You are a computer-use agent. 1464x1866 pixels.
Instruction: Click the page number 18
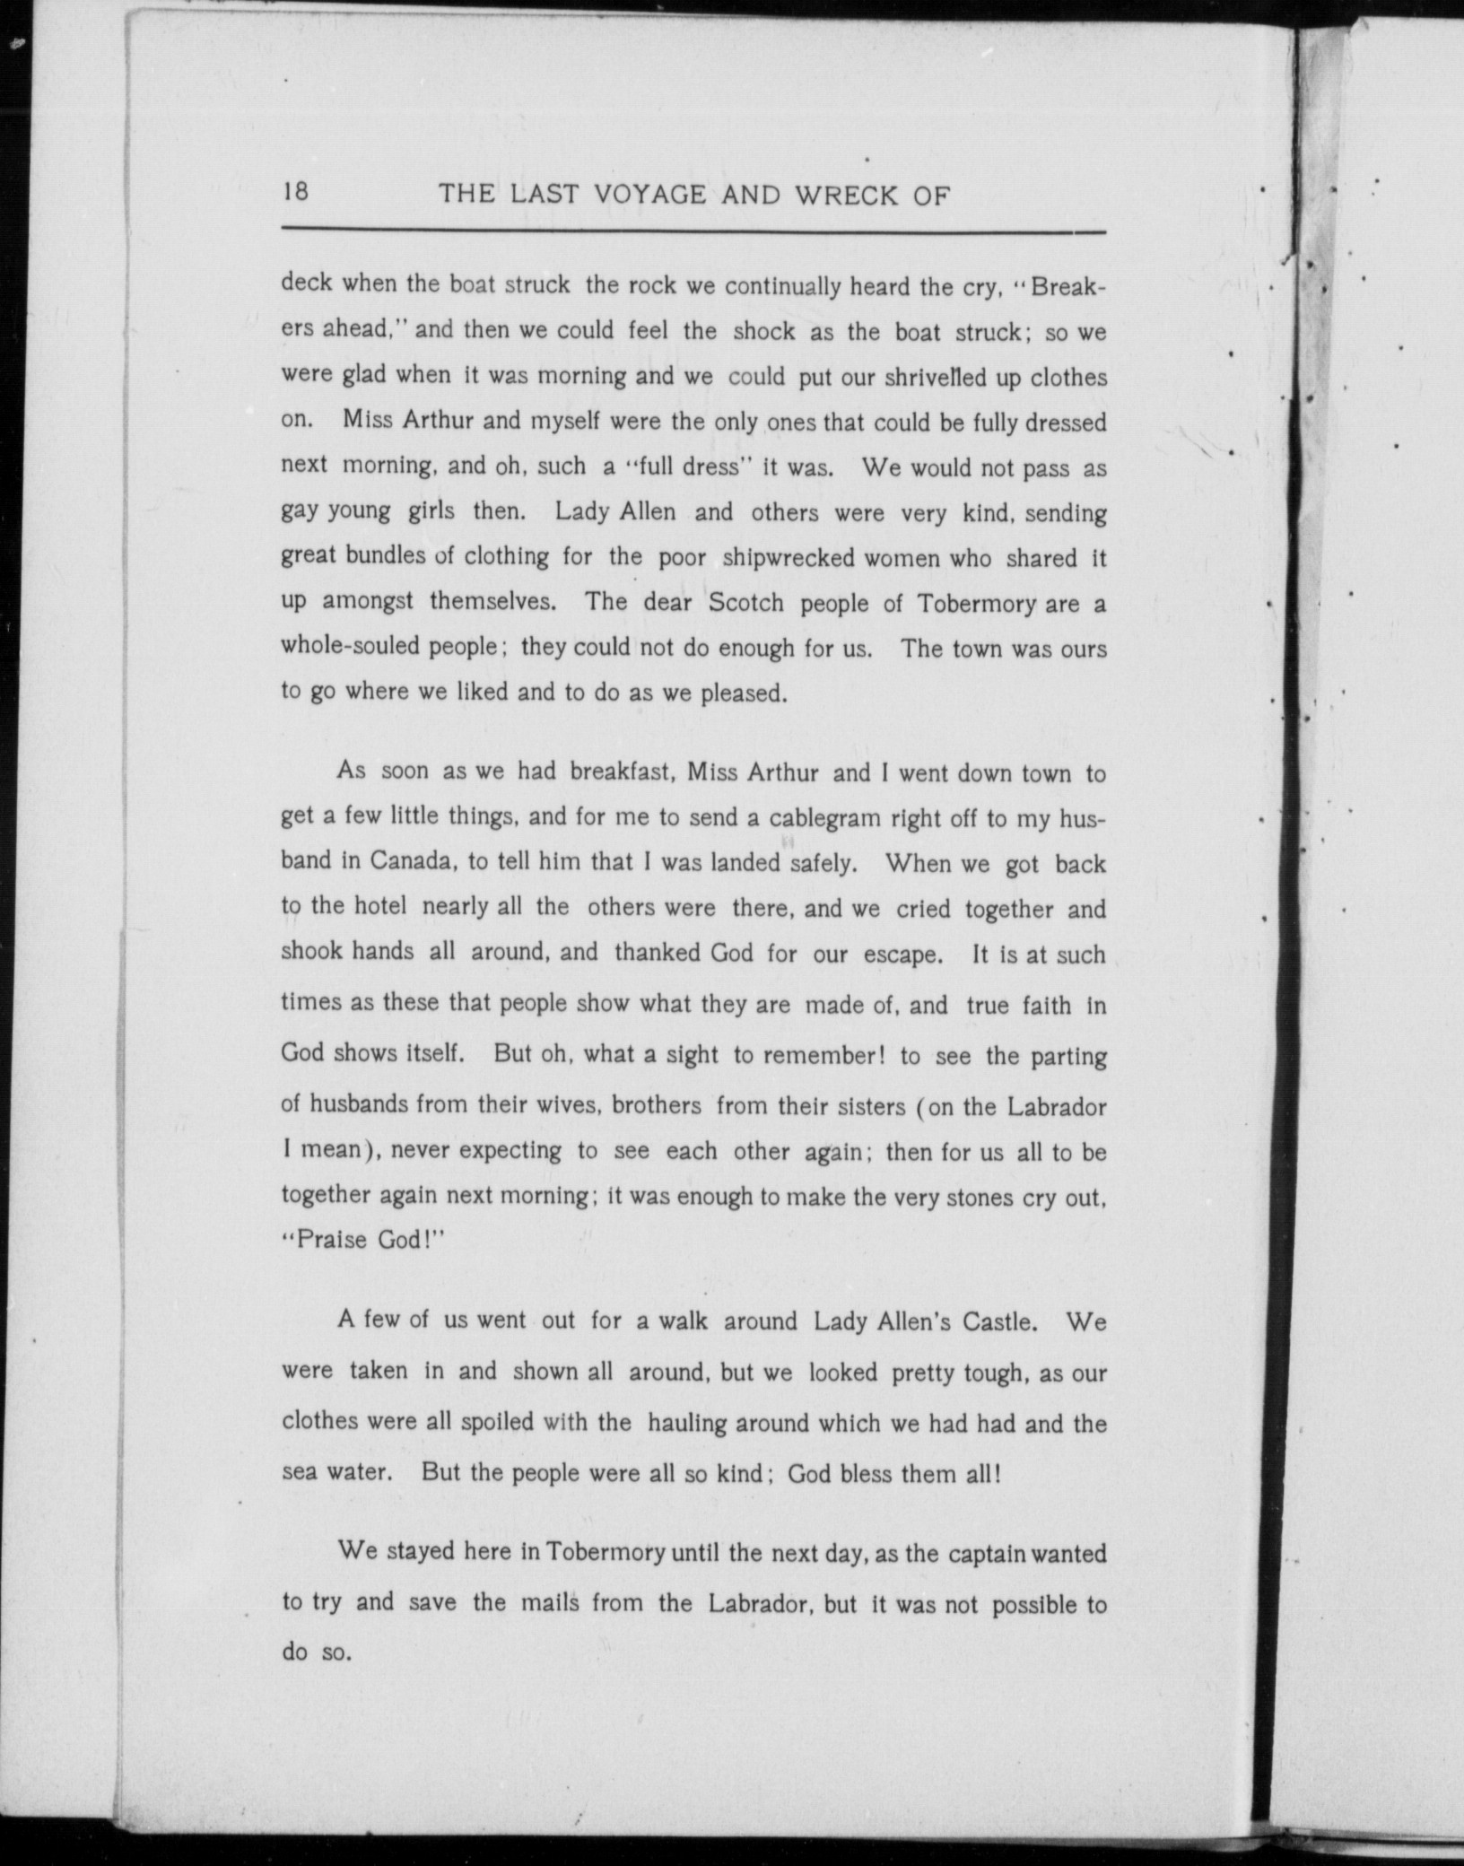pos(296,192)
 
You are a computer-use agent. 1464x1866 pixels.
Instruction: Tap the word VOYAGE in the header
pos(635,195)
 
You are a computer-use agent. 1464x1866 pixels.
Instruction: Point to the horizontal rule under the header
pos(693,233)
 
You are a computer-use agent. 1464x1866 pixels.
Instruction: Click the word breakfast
pos(622,772)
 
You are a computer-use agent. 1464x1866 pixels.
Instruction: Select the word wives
pos(562,1104)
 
